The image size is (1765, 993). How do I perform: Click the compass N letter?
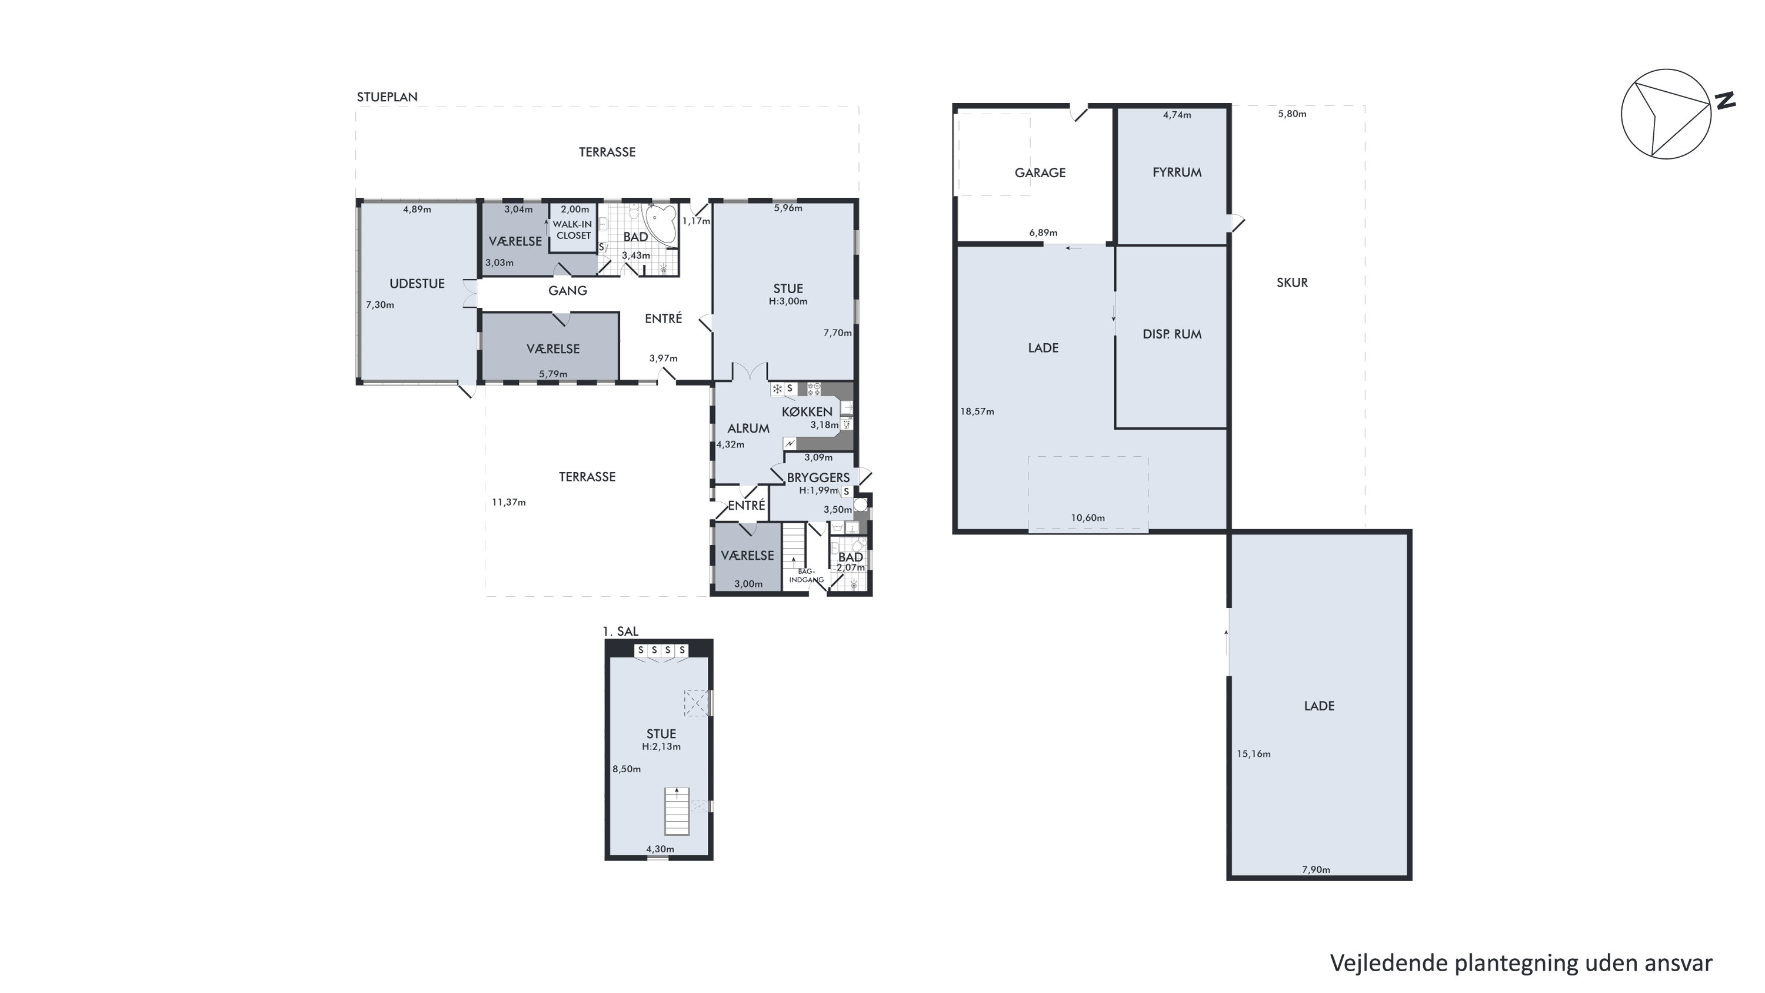click(1724, 101)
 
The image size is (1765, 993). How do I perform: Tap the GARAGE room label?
click(1040, 172)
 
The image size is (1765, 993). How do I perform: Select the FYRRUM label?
click(1177, 172)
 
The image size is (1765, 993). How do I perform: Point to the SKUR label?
click(1292, 283)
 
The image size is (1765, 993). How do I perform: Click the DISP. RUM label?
click(1171, 334)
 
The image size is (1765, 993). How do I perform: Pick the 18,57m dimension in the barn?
click(977, 412)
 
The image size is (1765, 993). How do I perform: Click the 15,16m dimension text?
click(1253, 754)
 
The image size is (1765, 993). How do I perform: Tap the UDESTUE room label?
click(417, 284)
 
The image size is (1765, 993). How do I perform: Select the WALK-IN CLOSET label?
click(573, 230)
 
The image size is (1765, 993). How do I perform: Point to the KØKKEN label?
click(807, 411)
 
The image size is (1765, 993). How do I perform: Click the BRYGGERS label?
click(818, 477)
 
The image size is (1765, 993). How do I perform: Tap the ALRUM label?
click(748, 429)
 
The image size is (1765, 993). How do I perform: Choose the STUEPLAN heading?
click(387, 97)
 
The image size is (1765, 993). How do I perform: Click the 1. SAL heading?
click(621, 631)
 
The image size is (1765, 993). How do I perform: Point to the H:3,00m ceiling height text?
click(788, 301)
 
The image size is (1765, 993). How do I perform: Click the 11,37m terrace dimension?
click(508, 502)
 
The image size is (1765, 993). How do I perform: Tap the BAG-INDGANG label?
click(806, 576)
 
